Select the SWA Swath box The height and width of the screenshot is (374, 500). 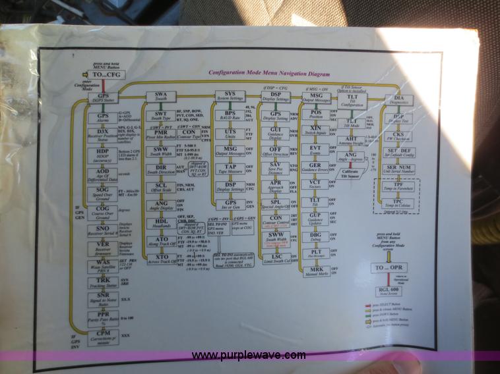click(160, 98)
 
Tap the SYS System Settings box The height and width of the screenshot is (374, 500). click(230, 97)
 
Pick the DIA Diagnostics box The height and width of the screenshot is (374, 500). click(398, 100)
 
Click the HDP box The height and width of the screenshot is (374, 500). click(103, 153)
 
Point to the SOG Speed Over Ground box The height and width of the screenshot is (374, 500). click(103, 192)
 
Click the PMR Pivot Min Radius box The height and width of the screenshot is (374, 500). click(161, 134)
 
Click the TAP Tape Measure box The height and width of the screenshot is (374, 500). click(230, 169)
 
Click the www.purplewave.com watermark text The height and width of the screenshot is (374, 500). click(249, 356)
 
